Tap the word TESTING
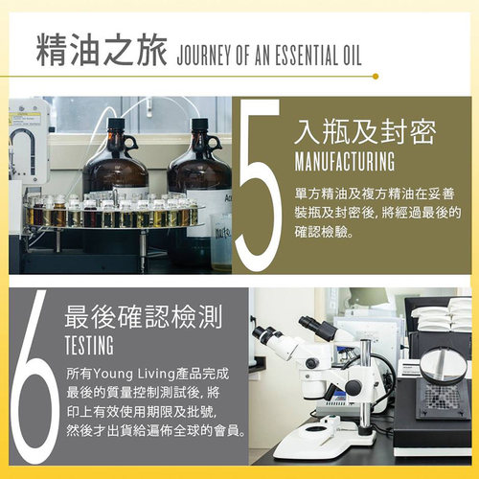point(89,344)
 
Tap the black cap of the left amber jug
point(115,125)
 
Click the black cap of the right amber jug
point(199,125)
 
